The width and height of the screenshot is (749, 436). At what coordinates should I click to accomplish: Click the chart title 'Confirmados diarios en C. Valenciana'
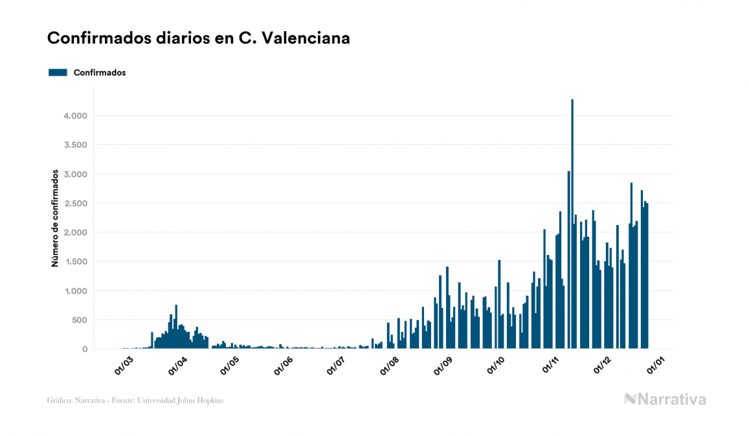point(199,38)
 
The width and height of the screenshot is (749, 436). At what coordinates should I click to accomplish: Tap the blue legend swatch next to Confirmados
point(58,72)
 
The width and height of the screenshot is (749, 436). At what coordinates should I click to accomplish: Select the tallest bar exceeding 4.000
point(572,224)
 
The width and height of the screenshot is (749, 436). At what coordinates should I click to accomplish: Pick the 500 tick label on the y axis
point(78,320)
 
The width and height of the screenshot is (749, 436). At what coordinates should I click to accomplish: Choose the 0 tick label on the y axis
point(85,349)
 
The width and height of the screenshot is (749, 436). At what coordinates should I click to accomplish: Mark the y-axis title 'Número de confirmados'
point(56,219)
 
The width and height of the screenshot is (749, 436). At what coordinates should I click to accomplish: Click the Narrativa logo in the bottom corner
point(665,399)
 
